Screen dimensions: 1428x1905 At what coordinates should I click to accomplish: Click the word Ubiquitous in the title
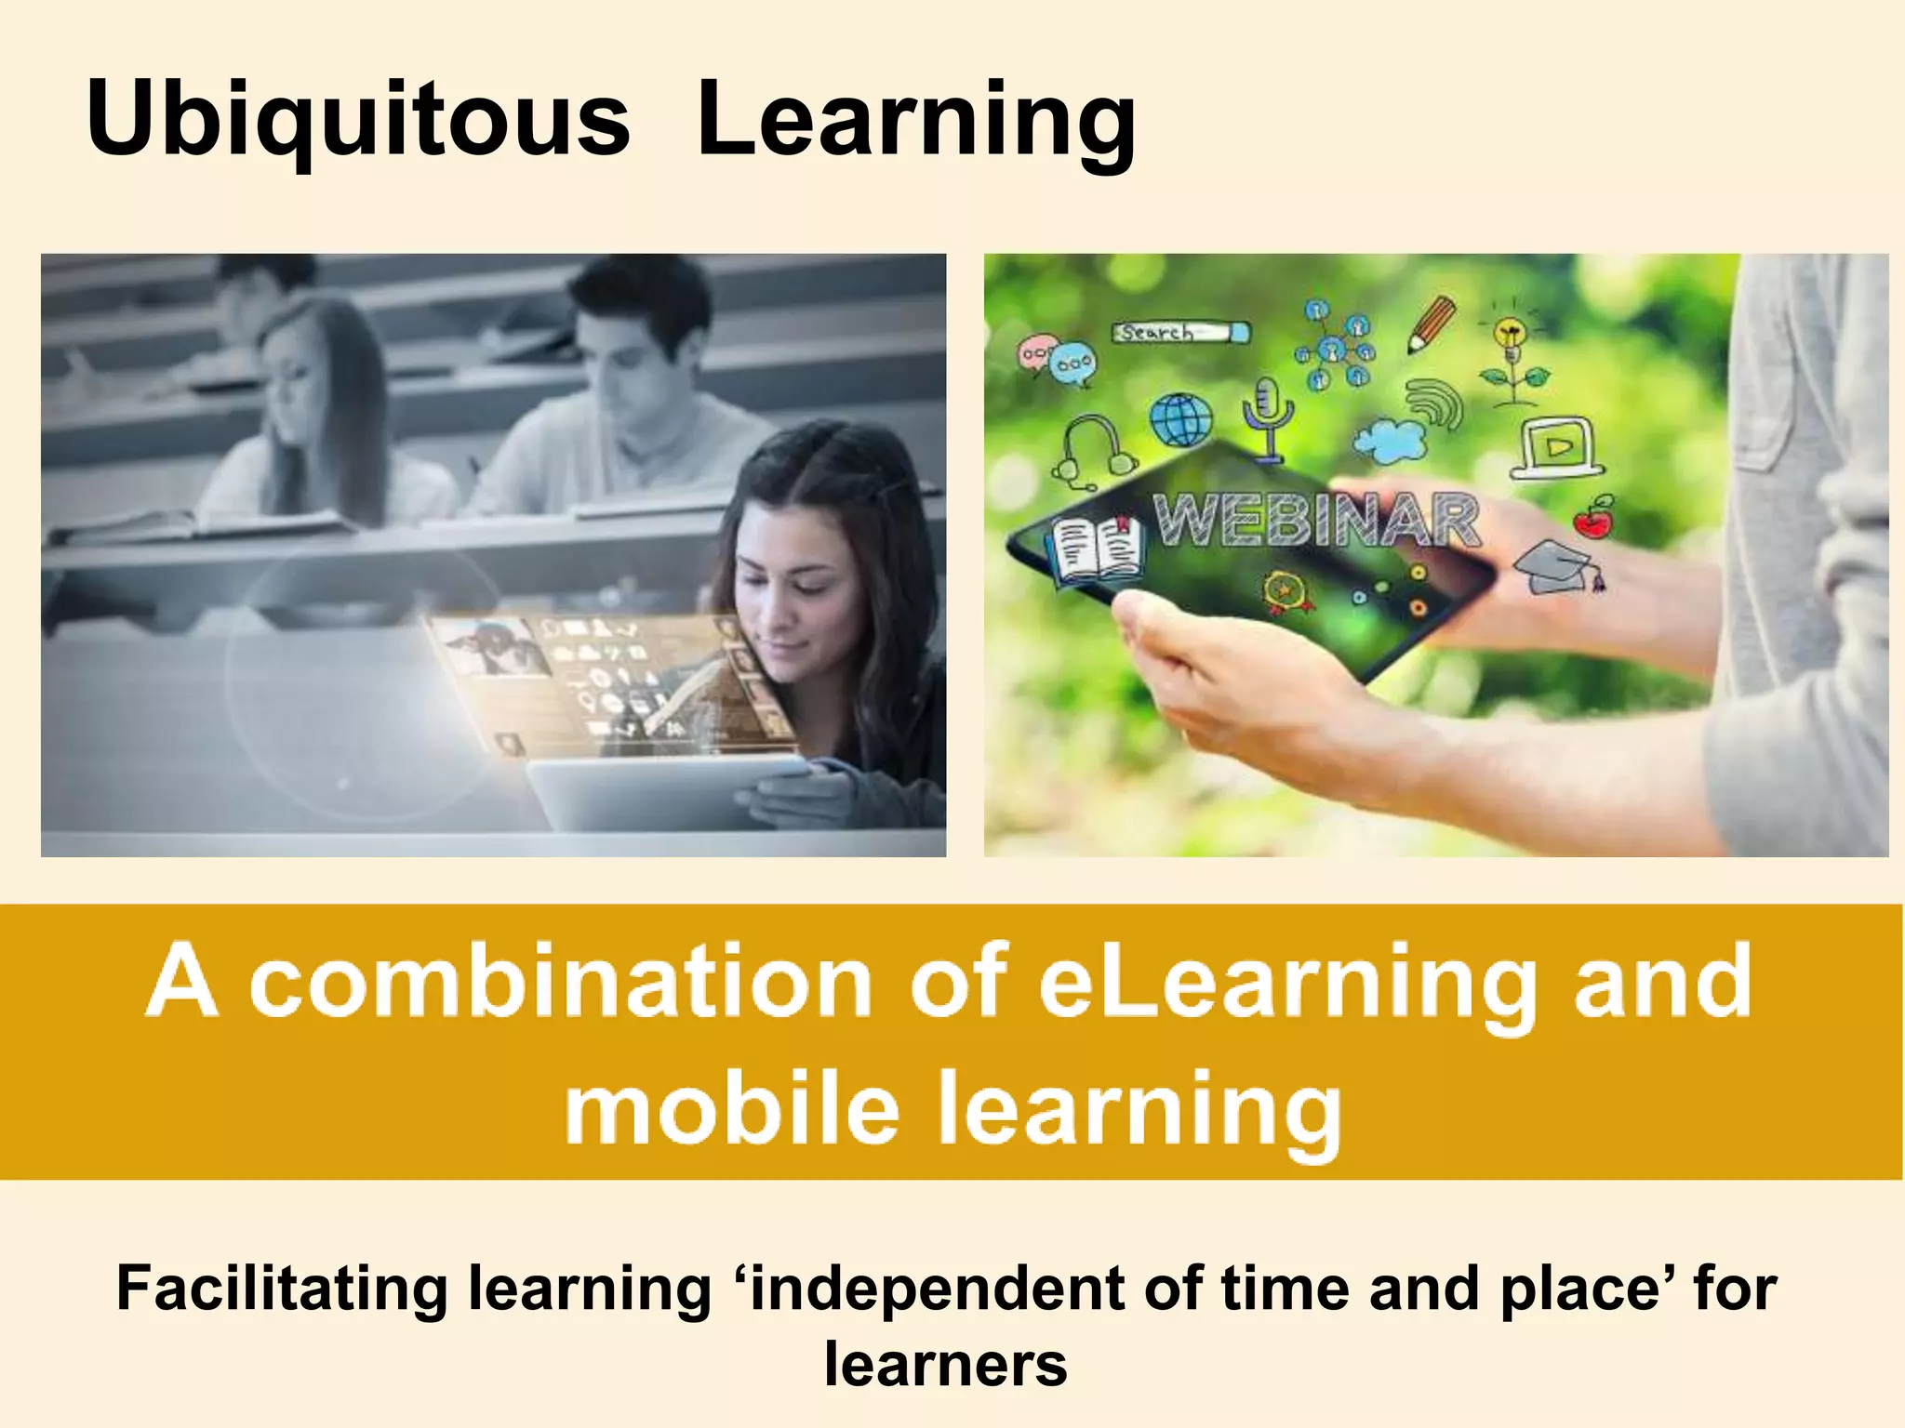358,121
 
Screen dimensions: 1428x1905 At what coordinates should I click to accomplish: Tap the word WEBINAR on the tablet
1316,521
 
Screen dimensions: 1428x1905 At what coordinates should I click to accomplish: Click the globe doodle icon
1181,420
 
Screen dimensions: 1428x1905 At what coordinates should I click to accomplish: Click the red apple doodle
1594,518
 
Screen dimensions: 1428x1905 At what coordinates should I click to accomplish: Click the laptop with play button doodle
1556,447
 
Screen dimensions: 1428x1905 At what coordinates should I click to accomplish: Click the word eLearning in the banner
1286,983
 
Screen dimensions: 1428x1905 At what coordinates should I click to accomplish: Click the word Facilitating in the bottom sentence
282,1289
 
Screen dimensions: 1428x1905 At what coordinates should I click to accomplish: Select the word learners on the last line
946,1364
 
